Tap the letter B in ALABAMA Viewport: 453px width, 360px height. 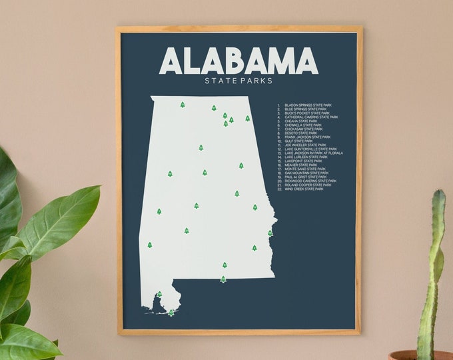pyautogui.click(x=239, y=61)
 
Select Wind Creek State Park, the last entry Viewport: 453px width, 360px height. pyautogui.click(x=304, y=189)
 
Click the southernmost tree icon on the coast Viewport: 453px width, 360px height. pyautogui.click(x=171, y=313)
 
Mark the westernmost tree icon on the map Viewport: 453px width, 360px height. pyautogui.click(x=150, y=245)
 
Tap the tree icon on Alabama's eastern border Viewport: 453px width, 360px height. pyautogui.click(x=270, y=233)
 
